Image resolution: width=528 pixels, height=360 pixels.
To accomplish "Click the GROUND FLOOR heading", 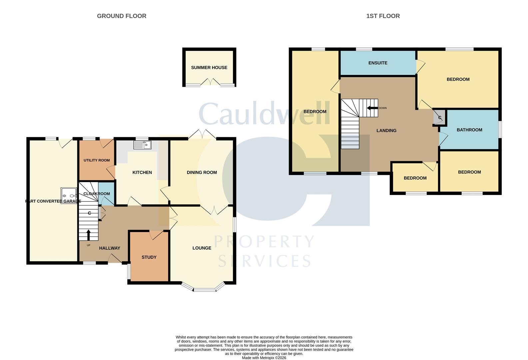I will point(122,16).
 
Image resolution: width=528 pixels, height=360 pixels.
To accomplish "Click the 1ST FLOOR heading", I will point(383,16).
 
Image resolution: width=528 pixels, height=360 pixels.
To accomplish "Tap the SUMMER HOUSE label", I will point(209,68).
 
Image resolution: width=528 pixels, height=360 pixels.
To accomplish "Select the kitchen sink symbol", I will point(142,145).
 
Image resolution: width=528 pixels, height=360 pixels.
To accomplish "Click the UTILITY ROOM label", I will point(97,160).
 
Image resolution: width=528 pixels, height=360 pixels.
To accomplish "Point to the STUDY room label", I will point(149,257).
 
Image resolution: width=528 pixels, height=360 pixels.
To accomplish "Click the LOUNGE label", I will point(202,248).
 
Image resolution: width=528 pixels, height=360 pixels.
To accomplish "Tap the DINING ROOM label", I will point(202,172).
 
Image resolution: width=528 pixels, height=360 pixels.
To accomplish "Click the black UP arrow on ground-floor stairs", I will point(89,235).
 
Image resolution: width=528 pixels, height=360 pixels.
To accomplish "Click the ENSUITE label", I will point(378,63).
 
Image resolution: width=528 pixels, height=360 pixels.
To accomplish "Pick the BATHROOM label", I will point(469,130).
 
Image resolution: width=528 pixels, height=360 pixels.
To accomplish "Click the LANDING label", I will point(386,131).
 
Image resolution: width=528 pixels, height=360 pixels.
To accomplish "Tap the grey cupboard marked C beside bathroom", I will point(439,118).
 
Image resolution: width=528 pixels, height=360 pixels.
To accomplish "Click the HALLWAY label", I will point(110,248).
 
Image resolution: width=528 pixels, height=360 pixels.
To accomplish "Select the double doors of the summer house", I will point(210,82).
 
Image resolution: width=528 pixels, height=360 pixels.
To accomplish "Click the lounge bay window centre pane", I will point(205,290).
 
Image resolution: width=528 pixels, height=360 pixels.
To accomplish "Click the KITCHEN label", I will point(142,172).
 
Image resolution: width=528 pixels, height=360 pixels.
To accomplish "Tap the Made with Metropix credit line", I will point(264,358).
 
